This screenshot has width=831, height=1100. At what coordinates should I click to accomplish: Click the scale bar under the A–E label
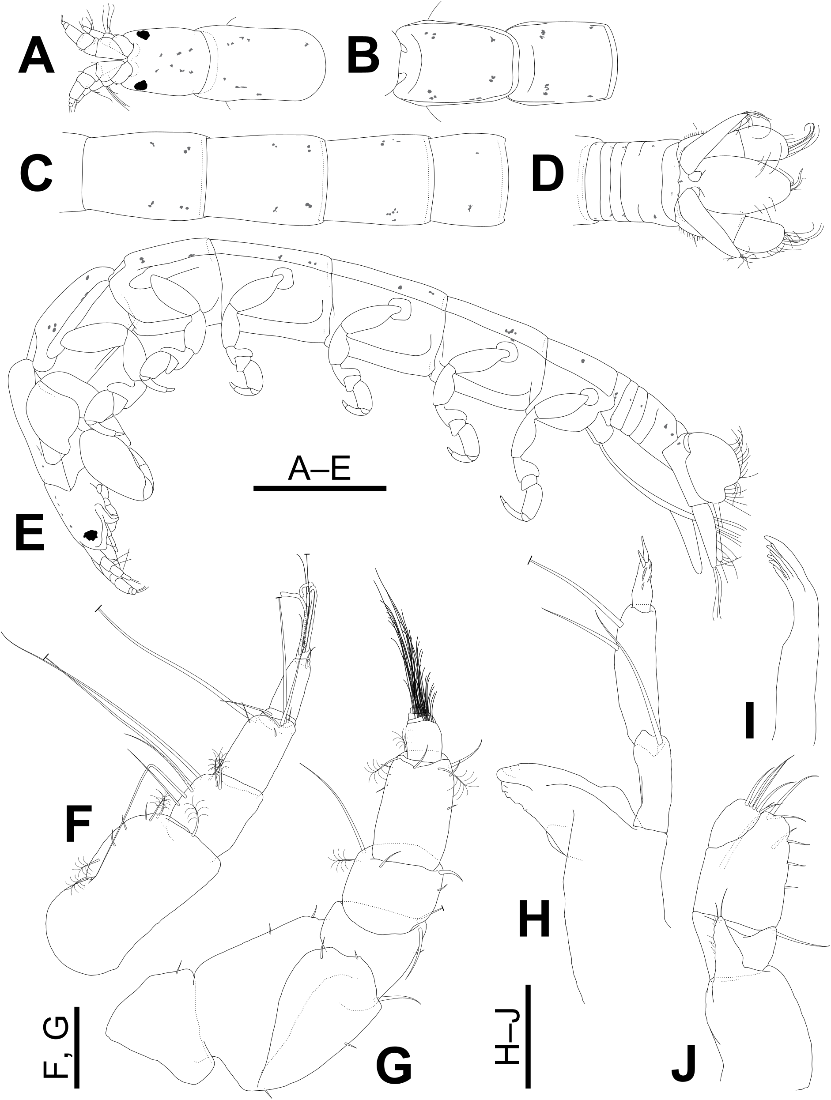320,488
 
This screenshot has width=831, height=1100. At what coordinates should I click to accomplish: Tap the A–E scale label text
320,469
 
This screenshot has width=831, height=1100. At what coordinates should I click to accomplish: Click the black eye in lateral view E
91,535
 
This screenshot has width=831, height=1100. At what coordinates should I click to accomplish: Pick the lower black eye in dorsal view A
142,85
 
